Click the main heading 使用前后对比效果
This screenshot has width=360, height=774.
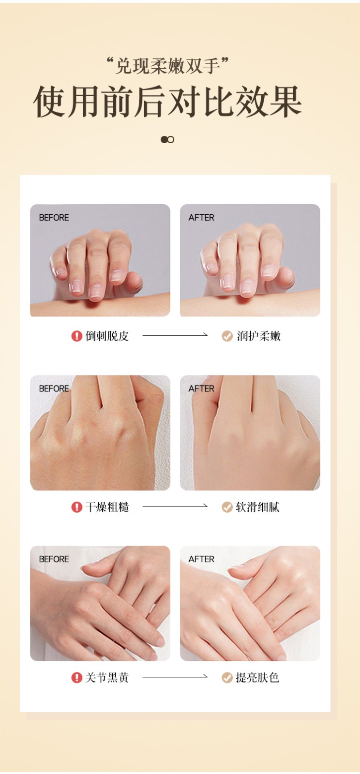point(167,101)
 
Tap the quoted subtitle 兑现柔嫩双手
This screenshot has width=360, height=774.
point(167,66)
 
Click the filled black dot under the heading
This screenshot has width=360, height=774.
point(164,140)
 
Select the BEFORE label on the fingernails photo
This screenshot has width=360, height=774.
point(54,218)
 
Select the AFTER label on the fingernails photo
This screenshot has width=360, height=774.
point(201,218)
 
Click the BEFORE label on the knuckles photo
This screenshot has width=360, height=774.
point(54,389)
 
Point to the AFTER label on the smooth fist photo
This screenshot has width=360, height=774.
point(201,389)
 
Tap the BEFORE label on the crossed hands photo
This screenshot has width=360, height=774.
point(54,559)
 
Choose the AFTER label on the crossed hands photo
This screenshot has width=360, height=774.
point(201,559)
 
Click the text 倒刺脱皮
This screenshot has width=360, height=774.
point(107,336)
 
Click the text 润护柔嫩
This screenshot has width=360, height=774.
point(258,336)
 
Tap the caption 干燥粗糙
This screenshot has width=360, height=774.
point(107,507)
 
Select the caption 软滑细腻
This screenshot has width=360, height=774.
point(258,507)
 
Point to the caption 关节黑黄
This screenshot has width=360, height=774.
point(107,678)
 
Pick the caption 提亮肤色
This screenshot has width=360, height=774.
point(257,678)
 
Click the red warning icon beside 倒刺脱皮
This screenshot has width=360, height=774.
point(76,336)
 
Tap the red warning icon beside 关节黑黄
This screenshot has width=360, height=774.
point(76,678)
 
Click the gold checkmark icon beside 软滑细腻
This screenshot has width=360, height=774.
point(227,507)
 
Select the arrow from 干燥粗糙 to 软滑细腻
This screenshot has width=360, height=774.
point(175,506)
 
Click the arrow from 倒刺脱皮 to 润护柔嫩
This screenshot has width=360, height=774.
point(175,335)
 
